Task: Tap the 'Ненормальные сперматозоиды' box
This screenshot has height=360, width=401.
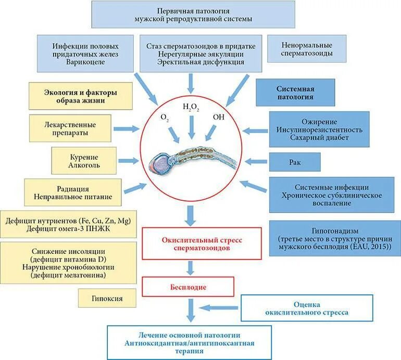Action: coord(307,49)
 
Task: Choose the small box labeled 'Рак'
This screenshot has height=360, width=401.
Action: coord(295,162)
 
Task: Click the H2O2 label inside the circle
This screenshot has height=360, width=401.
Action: coord(191,108)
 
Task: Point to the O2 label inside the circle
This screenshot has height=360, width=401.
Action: coord(165,117)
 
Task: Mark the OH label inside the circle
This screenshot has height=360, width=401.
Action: coord(219,117)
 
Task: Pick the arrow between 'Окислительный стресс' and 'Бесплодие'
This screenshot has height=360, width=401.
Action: coord(192,267)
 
